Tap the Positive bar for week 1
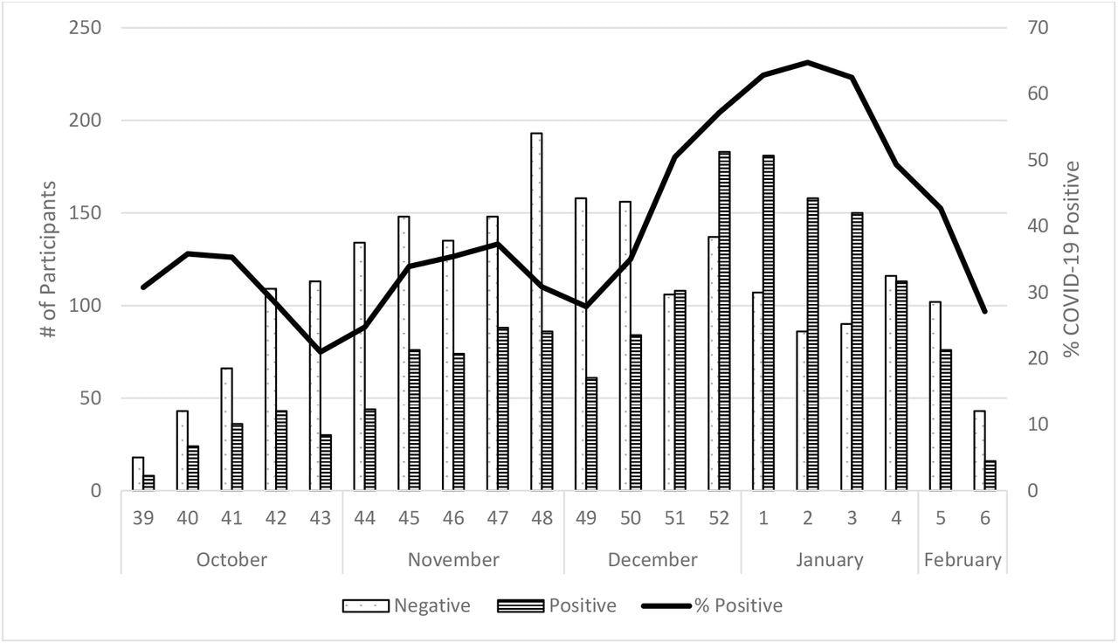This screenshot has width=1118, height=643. point(768,323)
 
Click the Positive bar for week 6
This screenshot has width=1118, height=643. point(990,476)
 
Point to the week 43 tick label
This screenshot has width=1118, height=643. point(321,517)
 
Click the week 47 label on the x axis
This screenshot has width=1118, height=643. point(498,517)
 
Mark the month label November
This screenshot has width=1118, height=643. point(453,559)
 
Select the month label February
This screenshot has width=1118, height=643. point(962,559)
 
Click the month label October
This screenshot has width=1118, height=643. point(231,559)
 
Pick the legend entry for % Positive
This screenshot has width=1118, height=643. point(738,605)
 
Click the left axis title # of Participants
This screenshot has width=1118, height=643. point(50,259)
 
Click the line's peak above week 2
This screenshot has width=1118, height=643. point(808,62)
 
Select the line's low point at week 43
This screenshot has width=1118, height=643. point(321,352)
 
